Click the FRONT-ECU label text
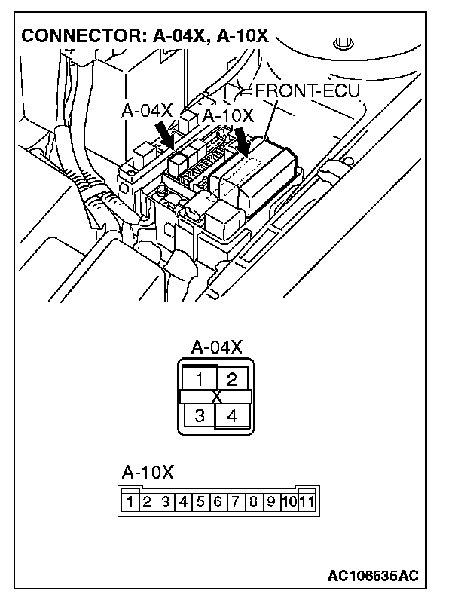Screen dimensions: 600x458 tap(308, 90)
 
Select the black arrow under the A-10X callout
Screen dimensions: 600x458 tap(243, 140)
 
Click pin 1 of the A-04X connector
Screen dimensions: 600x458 tap(199, 379)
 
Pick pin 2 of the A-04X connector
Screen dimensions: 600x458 tap(233, 379)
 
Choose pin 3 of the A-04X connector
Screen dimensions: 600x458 tap(199, 415)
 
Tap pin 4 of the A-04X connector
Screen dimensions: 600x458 tap(233, 415)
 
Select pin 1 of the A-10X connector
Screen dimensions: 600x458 tap(130, 501)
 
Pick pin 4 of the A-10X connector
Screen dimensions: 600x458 tap(183, 501)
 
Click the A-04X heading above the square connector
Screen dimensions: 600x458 tap(216, 347)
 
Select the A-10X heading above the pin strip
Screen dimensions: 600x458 tap(148, 473)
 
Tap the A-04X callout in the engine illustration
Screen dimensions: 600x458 tap(147, 111)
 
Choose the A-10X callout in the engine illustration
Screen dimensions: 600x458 tap(228, 115)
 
